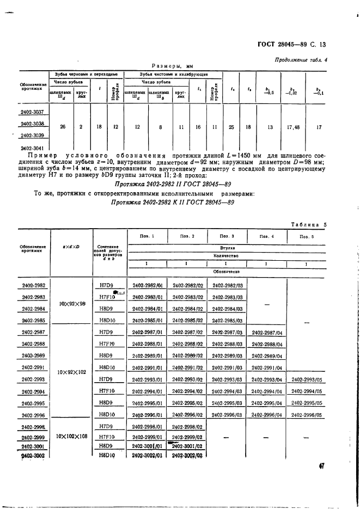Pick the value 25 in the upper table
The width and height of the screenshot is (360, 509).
pos(231,127)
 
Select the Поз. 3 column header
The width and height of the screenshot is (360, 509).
pos(227,237)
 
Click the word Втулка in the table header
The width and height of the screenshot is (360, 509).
pos(227,247)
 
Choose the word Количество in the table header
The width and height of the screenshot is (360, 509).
pos(227,254)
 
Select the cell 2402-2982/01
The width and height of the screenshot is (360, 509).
pos(147,285)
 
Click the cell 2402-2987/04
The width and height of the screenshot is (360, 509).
pos(267,332)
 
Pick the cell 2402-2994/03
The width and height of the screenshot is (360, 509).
pos(227,391)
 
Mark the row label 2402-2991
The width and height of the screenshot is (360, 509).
pos(33,368)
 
